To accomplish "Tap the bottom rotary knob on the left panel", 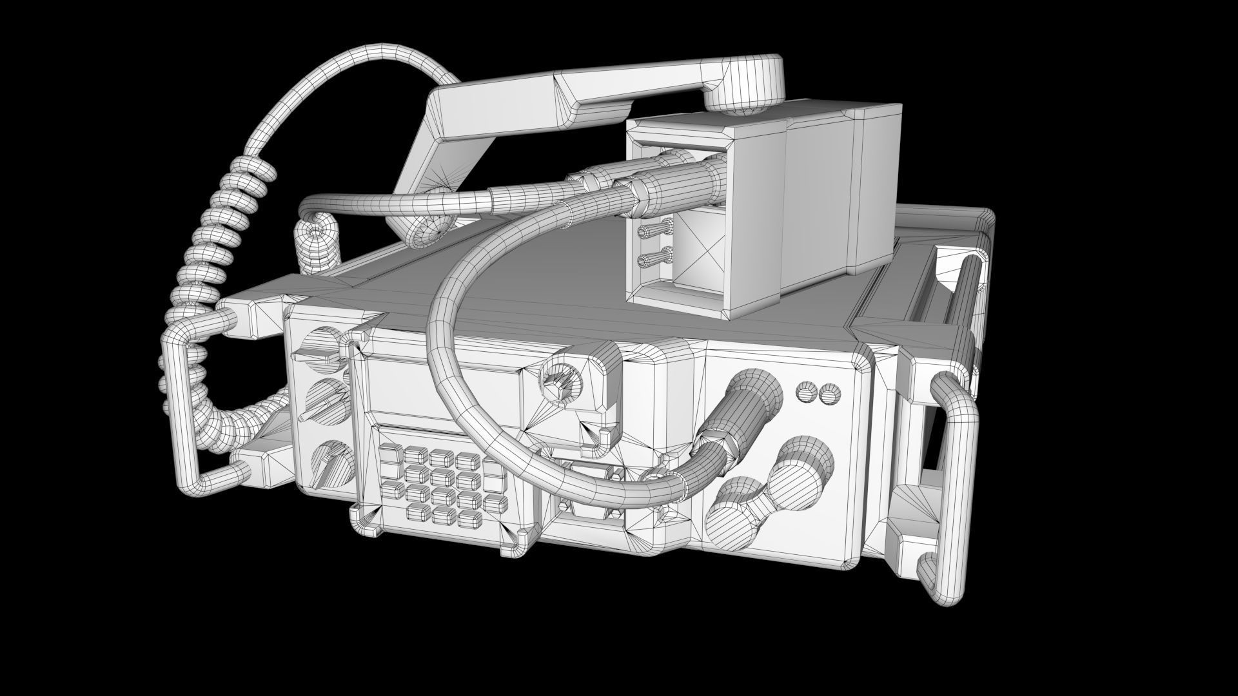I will pos(331,461).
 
